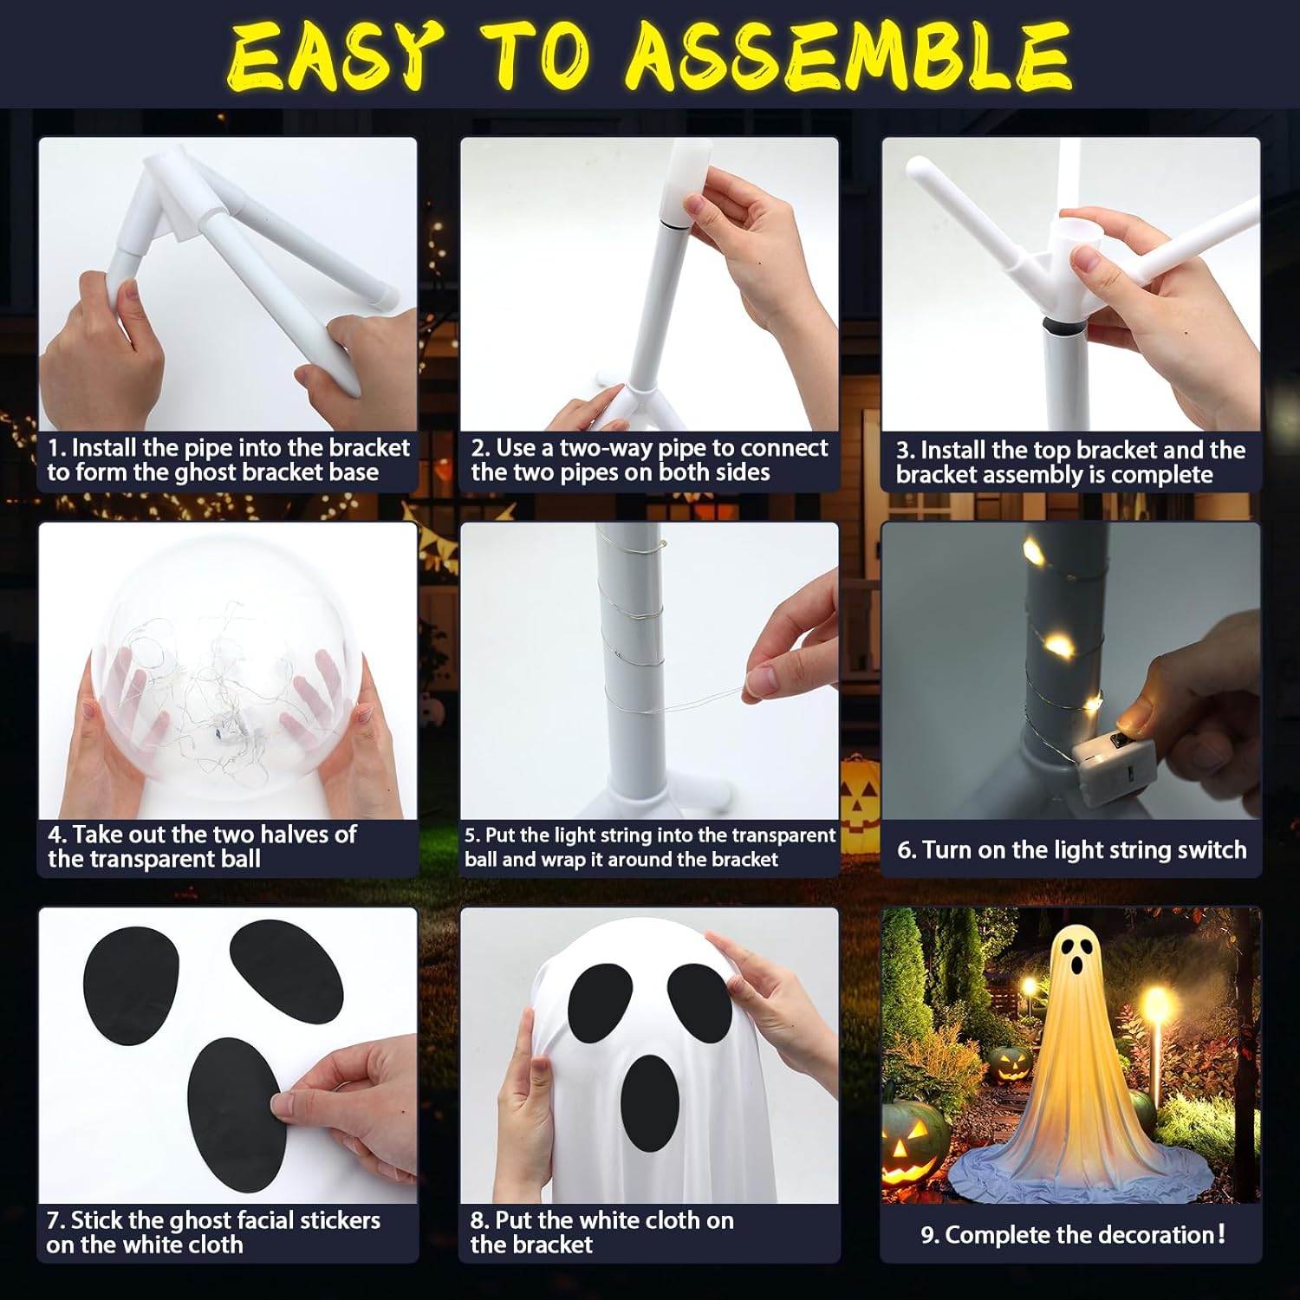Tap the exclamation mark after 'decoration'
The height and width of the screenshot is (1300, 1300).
[x=1222, y=1233]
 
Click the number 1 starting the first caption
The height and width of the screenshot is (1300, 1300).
[x=54, y=448]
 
